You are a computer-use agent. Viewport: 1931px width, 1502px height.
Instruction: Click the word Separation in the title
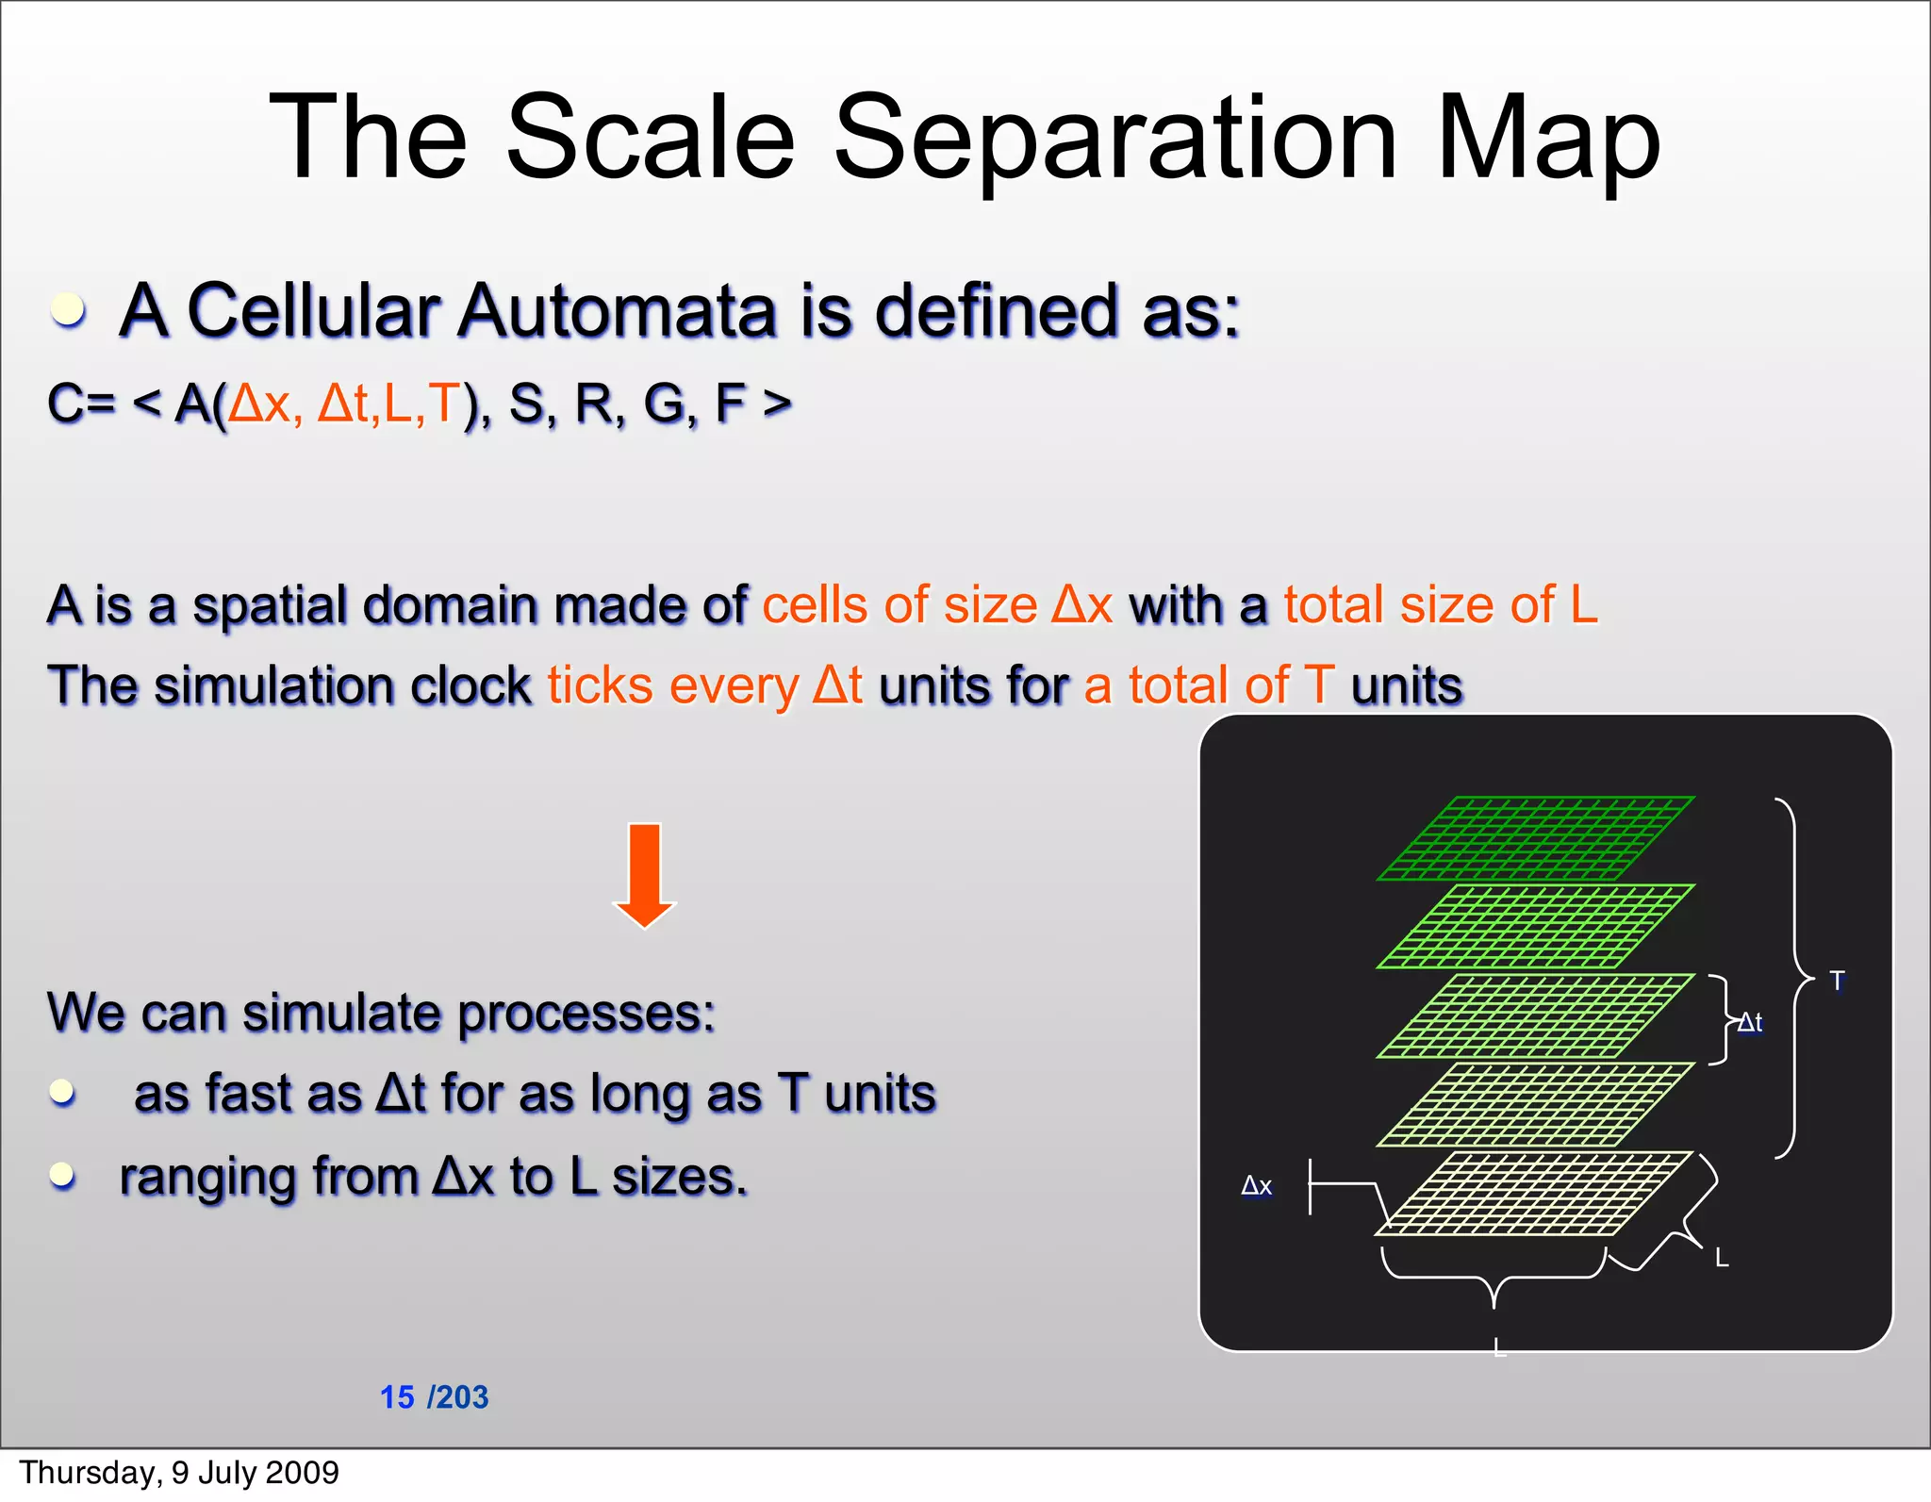click(x=1114, y=139)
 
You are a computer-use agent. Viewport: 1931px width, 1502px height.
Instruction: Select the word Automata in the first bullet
click(x=618, y=311)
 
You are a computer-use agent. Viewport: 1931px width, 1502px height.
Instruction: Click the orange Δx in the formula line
click(x=261, y=404)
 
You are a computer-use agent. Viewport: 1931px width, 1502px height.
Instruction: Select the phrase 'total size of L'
click(x=1440, y=604)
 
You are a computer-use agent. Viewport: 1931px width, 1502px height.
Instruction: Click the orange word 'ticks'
click(x=600, y=685)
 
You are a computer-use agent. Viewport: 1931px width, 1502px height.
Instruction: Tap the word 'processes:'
click(x=586, y=1014)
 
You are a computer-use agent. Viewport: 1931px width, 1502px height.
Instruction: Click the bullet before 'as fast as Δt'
click(x=62, y=1092)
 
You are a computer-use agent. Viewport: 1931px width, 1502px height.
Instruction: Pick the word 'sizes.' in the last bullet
click(x=679, y=1177)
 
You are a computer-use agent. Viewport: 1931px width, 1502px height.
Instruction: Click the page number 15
click(x=397, y=1396)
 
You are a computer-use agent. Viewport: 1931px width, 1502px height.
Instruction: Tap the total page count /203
click(x=458, y=1396)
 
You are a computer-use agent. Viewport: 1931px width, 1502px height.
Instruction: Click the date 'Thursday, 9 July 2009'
click(x=179, y=1472)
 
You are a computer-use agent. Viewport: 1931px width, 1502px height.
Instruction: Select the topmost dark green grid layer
click(x=1535, y=837)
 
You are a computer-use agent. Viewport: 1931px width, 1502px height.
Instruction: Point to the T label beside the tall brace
click(x=1837, y=981)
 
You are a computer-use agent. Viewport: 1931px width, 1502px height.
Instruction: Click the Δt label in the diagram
click(x=1751, y=1022)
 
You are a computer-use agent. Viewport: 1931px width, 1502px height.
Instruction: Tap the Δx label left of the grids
click(x=1257, y=1186)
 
